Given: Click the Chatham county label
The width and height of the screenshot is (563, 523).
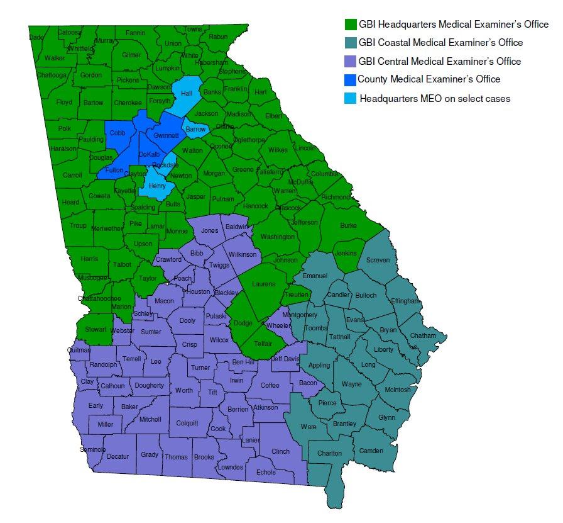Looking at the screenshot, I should coord(423,336).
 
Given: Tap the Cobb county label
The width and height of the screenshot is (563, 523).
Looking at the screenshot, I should coord(118,133).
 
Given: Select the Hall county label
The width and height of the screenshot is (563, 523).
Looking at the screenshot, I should coord(187,93).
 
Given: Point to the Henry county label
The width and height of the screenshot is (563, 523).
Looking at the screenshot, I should coord(156,186).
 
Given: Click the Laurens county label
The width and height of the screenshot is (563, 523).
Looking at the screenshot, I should coord(263,284).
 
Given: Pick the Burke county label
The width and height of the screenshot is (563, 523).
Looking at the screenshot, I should coord(347,225).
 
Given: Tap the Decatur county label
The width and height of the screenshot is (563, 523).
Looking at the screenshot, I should coord(118,456).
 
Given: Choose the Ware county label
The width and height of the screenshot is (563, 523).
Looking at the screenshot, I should coord(309,427).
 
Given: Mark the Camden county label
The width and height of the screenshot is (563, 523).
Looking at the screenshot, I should coord(371,451).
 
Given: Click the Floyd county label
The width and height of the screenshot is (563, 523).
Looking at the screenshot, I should coord(64,102).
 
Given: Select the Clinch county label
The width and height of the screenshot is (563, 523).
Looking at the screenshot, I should coord(280,451).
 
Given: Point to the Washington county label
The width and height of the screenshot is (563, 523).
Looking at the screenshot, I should coord(278,237).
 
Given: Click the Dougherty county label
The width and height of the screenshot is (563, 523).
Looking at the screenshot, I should coord(149,385).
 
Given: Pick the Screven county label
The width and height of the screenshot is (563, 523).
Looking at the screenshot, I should coord(378,260).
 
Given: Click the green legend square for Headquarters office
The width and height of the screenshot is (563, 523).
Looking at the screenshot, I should coord(351,25).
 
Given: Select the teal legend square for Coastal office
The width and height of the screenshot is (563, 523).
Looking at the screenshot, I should coord(351,43).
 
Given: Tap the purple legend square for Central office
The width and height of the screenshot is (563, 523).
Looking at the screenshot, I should coord(351,61).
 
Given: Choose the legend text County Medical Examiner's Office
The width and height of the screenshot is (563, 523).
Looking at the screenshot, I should coord(429,79).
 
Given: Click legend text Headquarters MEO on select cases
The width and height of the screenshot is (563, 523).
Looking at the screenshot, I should coord(435,98).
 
